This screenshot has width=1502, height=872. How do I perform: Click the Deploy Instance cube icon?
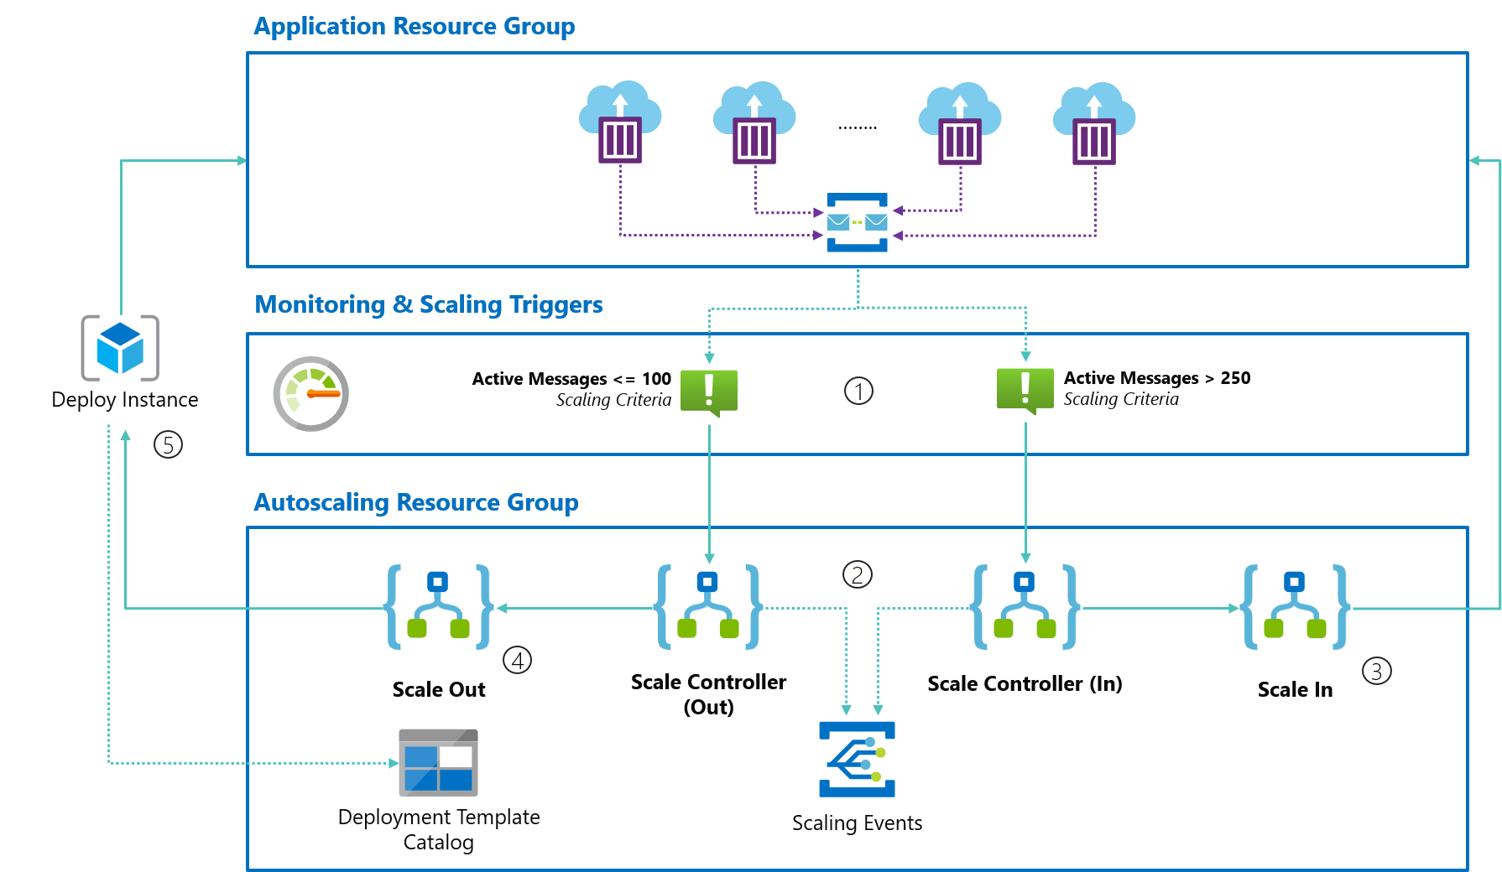[120, 347]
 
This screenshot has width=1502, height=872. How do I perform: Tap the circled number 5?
[168, 444]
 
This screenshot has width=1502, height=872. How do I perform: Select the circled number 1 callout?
[858, 391]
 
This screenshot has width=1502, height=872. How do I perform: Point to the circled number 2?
[857, 574]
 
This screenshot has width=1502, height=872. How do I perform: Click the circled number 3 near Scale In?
[1376, 671]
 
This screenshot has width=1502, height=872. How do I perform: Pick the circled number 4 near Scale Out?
[517, 661]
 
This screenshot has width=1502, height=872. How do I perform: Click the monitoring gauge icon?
[310, 393]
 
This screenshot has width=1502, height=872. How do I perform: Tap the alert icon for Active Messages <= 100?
[709, 392]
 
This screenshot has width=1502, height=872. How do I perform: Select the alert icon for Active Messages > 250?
[1025, 390]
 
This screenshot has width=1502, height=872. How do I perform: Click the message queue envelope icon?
[857, 222]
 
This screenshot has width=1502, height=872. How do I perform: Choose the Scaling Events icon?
[857, 759]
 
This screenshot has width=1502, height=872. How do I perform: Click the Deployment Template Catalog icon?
[438, 762]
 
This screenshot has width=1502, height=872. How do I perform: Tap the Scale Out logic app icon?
[438, 607]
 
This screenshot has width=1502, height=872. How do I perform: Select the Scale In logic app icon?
[1295, 607]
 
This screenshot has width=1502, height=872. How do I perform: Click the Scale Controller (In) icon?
[1025, 607]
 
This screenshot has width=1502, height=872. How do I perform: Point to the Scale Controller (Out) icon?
[708, 607]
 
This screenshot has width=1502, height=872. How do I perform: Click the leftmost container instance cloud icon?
[620, 122]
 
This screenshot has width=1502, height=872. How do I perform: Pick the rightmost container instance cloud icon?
[1094, 122]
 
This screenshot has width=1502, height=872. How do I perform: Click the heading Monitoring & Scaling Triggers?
[428, 304]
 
